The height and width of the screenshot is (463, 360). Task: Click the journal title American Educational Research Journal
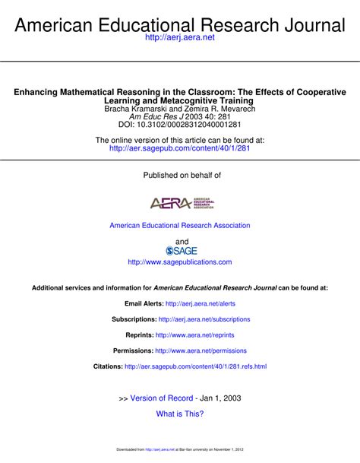[180, 24]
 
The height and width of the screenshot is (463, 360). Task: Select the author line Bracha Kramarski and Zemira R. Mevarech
[180, 109]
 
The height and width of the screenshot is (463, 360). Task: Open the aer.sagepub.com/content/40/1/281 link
[180, 149]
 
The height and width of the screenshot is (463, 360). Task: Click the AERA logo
[182, 203]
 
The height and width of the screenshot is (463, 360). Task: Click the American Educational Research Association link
[180, 226]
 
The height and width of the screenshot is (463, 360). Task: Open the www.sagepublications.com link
[180, 262]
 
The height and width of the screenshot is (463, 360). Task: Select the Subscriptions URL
[204, 319]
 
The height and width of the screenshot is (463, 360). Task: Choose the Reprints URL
[195, 335]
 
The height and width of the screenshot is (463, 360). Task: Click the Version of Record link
[162, 398]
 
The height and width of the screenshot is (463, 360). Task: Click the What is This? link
[180, 414]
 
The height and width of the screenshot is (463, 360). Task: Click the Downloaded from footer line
[180, 450]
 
